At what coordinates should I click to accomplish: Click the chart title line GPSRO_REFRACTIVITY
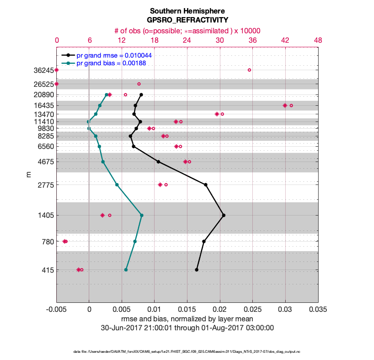(187, 20)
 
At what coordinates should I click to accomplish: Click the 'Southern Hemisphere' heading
(187, 11)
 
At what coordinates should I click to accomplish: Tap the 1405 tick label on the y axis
(45, 215)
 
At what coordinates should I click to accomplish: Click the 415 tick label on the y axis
(47, 270)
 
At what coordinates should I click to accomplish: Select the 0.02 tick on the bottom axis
(220, 310)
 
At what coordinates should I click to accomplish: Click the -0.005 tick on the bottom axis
(56, 310)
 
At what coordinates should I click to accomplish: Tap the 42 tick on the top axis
(285, 40)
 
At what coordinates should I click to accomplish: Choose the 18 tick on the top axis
(155, 40)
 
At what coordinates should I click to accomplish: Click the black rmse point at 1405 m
(223, 215)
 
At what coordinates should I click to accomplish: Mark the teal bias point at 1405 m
(141, 215)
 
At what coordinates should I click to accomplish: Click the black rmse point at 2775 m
(205, 184)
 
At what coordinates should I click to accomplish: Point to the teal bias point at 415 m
(126, 270)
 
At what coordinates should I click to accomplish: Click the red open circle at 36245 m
(249, 70)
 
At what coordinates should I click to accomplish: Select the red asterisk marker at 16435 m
(285, 105)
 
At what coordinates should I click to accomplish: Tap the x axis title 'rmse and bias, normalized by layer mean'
(187, 319)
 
